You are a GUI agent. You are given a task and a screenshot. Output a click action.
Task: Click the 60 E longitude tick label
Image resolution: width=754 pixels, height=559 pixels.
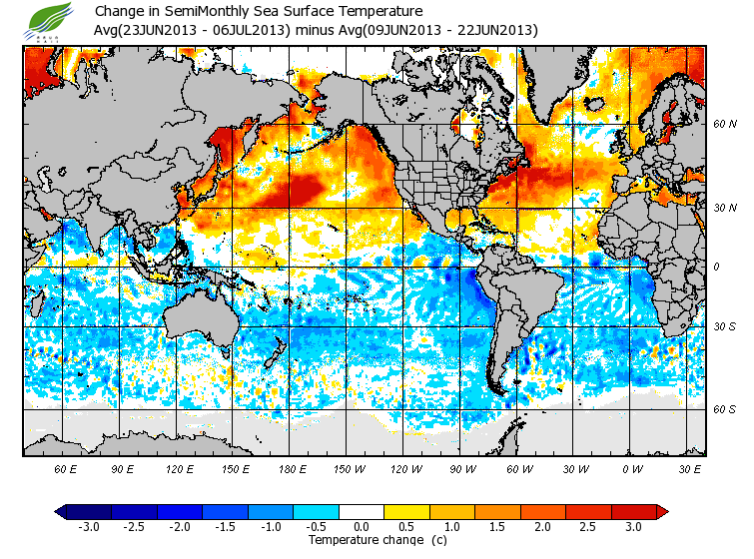coord(66,468)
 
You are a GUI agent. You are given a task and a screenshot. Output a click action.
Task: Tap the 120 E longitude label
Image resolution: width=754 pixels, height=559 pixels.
coord(180,468)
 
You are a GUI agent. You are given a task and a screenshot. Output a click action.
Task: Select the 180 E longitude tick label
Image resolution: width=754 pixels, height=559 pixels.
coord(292,468)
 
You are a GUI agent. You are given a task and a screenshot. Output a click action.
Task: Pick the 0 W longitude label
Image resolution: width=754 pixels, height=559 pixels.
coord(632,468)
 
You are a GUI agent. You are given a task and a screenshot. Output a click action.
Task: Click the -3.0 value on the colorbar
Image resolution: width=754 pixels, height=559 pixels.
coord(88,526)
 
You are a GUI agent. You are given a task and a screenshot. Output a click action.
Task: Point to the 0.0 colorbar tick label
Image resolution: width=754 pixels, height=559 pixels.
coord(362,526)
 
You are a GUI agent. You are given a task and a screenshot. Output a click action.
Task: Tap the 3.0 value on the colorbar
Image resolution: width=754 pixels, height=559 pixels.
coord(633,526)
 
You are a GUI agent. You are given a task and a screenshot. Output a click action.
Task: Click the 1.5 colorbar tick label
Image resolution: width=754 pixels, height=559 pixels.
coord(497,526)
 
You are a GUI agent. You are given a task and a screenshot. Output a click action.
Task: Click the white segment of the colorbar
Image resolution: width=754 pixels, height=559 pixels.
coord(362,512)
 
